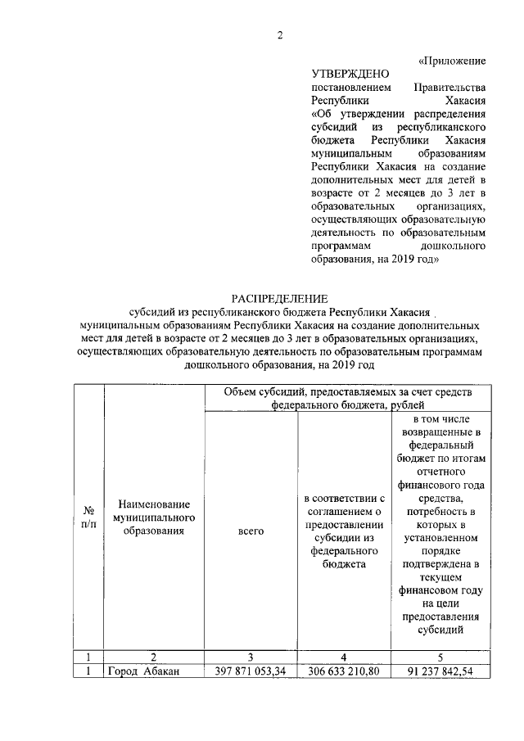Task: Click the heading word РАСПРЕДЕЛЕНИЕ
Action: coord(278,298)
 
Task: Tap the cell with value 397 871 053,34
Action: coord(251,672)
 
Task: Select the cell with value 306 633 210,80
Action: coord(345,672)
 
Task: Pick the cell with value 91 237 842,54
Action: coord(440,672)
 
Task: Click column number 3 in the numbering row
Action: coord(251,657)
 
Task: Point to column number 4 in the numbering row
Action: coord(345,657)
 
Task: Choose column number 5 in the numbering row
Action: coord(440,657)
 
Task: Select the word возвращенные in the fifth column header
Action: coord(440,431)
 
